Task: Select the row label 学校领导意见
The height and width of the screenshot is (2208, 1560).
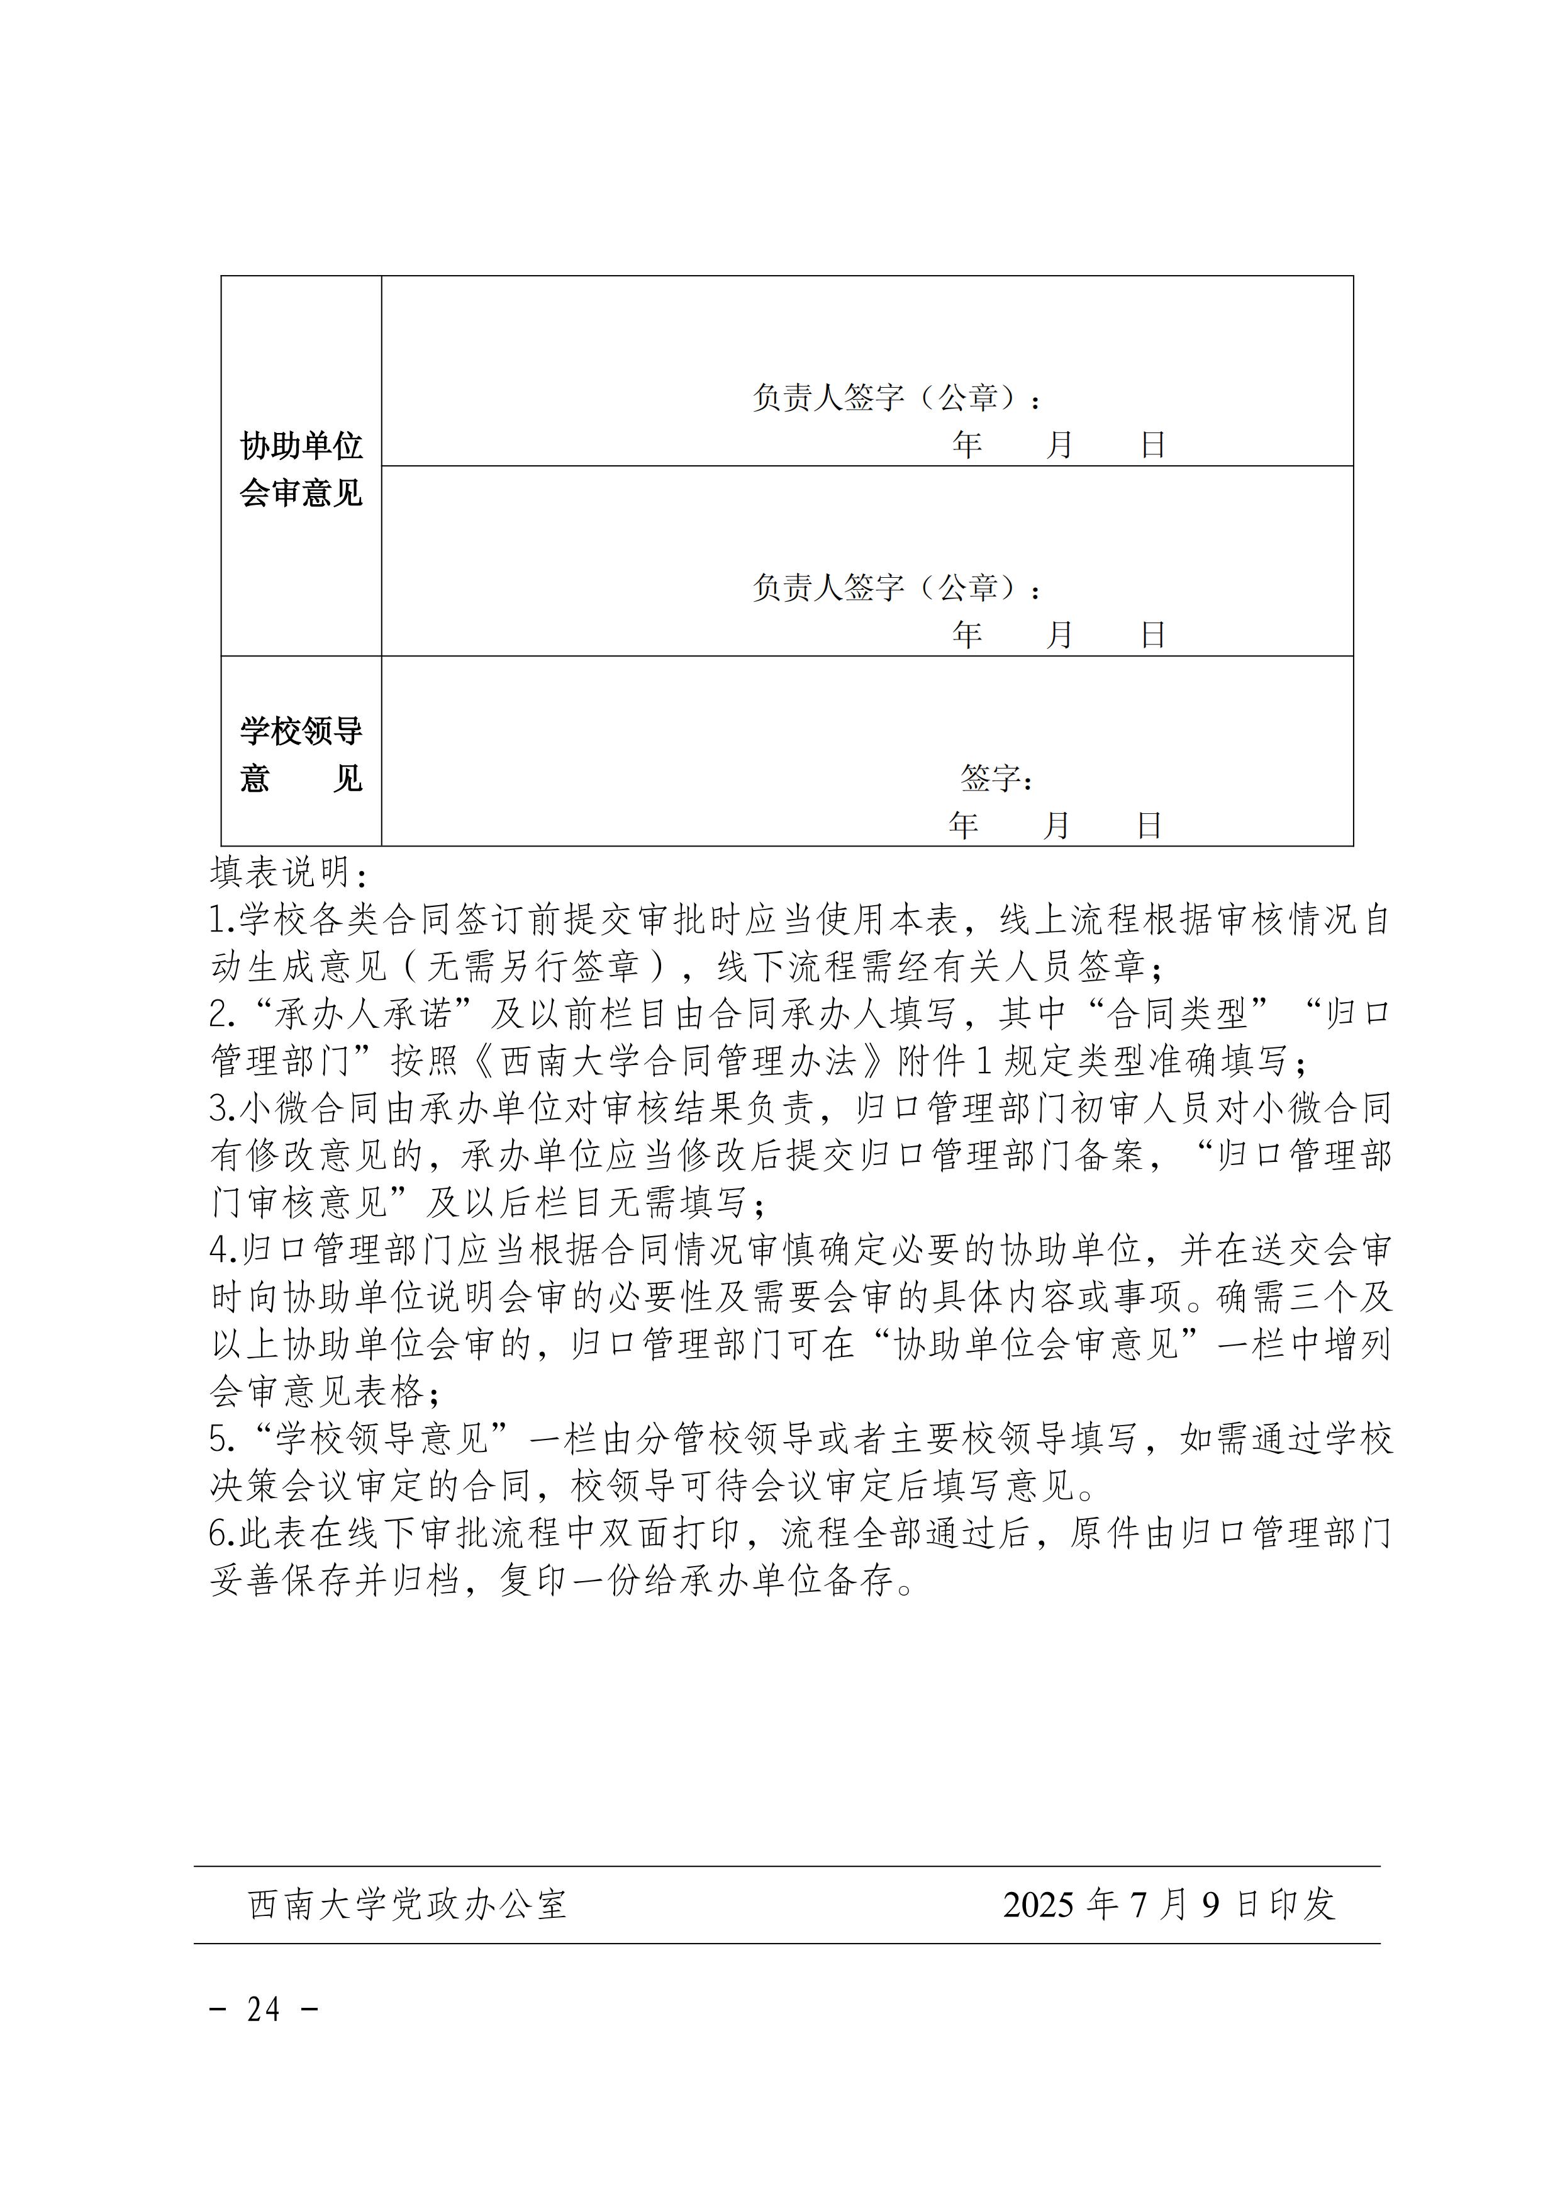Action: pyautogui.click(x=301, y=754)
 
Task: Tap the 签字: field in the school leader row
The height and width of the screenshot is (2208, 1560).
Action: pyautogui.click(x=996, y=778)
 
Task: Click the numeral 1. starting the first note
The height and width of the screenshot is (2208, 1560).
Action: pyautogui.click(x=223, y=920)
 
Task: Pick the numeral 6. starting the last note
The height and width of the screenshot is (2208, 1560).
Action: pyautogui.click(x=223, y=1533)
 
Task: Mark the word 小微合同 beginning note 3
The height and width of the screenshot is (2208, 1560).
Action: pyautogui.click(x=292, y=1108)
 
